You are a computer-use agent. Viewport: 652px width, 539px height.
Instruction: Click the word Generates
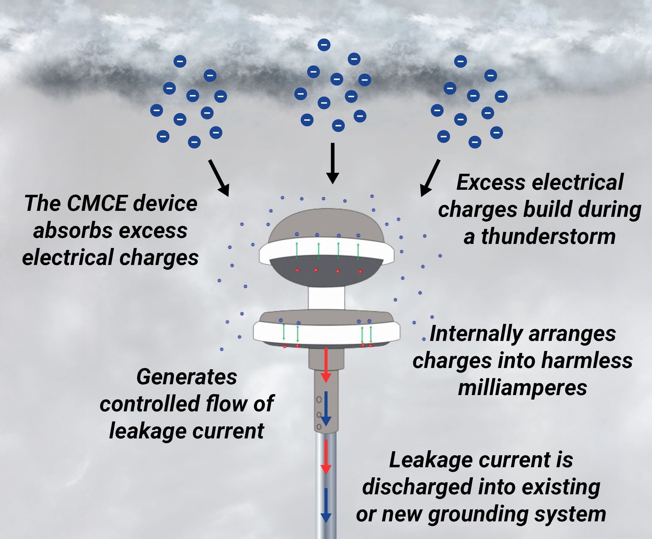point(186,377)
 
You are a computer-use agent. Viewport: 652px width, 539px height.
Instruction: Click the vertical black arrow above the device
point(332,163)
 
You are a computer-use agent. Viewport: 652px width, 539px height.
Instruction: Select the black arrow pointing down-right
point(219,178)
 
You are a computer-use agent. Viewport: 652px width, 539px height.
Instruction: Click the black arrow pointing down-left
point(430,178)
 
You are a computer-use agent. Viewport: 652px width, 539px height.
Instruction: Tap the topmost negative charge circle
point(324,44)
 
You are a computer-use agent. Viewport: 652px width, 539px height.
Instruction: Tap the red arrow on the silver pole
point(326,457)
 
